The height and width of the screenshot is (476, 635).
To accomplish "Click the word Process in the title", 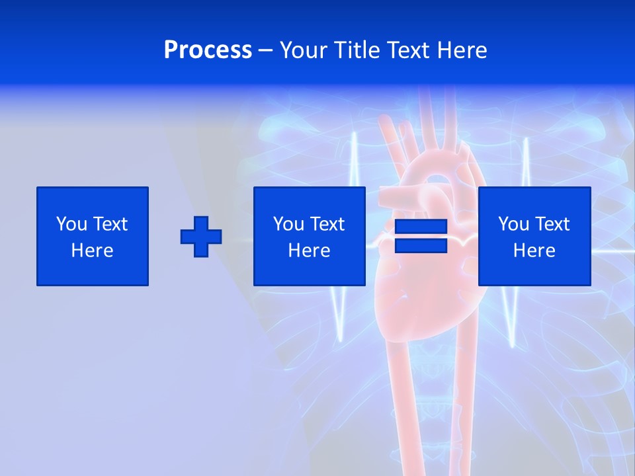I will click(x=208, y=50).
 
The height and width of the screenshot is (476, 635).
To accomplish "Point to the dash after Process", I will click(x=265, y=50).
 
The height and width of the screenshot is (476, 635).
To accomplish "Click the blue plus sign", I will click(x=201, y=236).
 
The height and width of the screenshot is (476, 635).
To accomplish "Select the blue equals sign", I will click(x=421, y=236).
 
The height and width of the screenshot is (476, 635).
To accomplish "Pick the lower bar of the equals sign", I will click(x=421, y=245).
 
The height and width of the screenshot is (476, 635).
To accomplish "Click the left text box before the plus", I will click(x=93, y=236).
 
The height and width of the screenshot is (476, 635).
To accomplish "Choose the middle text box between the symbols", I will click(x=309, y=236).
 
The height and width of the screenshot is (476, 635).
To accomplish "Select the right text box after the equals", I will click(x=534, y=236).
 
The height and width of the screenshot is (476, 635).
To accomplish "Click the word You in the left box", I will click(x=72, y=224).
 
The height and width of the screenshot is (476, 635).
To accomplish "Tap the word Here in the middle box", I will click(x=309, y=251).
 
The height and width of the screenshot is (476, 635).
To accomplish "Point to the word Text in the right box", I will click(x=552, y=224).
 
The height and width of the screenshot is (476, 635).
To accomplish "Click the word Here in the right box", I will click(x=534, y=251).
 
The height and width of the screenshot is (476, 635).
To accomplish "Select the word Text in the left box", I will click(x=110, y=224).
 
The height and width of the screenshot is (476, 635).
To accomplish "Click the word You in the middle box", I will click(x=289, y=224).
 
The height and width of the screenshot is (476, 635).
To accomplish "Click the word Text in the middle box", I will click(x=327, y=224).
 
